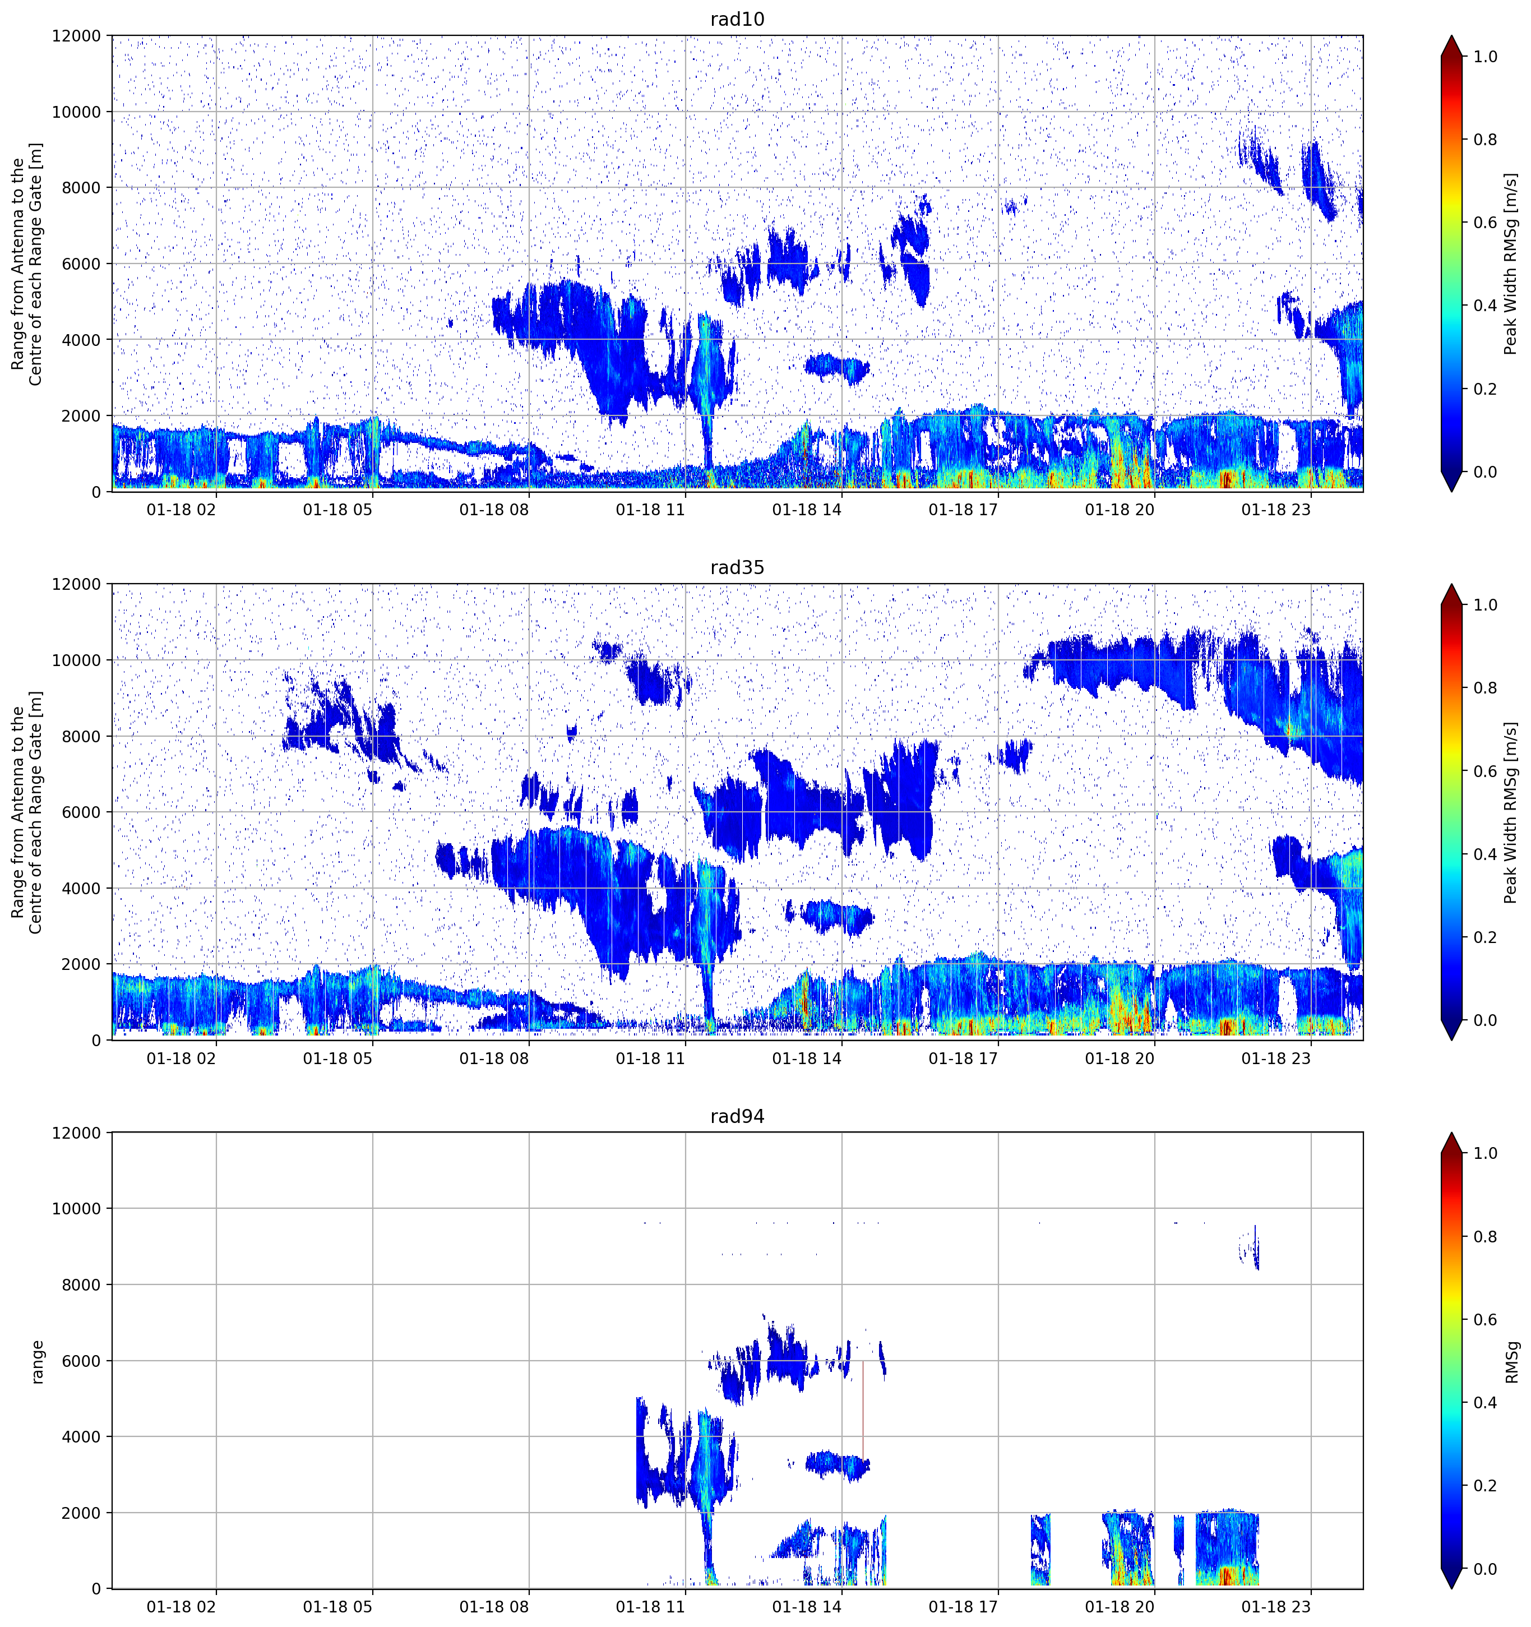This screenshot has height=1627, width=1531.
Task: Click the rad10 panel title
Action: pyautogui.click(x=737, y=19)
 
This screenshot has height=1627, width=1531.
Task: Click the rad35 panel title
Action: pyautogui.click(x=737, y=567)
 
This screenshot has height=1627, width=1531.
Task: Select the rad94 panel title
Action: pyautogui.click(x=737, y=1116)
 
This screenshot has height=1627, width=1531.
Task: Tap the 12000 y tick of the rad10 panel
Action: pyautogui.click(x=77, y=36)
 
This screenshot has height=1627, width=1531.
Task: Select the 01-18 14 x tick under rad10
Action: pyautogui.click(x=807, y=510)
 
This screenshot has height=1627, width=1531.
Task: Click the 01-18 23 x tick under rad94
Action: pyautogui.click(x=1276, y=1607)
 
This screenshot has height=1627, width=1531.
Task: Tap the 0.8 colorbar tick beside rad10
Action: pyautogui.click(x=1485, y=140)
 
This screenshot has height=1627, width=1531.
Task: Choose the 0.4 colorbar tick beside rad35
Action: pyautogui.click(x=1485, y=854)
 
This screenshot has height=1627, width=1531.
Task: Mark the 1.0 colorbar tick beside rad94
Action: pyautogui.click(x=1485, y=1153)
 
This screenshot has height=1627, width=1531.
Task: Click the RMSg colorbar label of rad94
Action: pyautogui.click(x=1511, y=1362)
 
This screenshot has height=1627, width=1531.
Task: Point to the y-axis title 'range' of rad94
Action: pyautogui.click(x=37, y=1362)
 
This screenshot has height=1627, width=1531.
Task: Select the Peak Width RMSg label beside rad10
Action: pyautogui.click(x=1511, y=264)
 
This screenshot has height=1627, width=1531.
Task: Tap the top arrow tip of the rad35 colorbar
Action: pyautogui.click(x=1451, y=584)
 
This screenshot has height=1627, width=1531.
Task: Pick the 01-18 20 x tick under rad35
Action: pyautogui.click(x=1120, y=1058)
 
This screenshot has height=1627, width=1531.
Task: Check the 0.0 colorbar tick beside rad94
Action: pyautogui.click(x=1485, y=1569)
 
